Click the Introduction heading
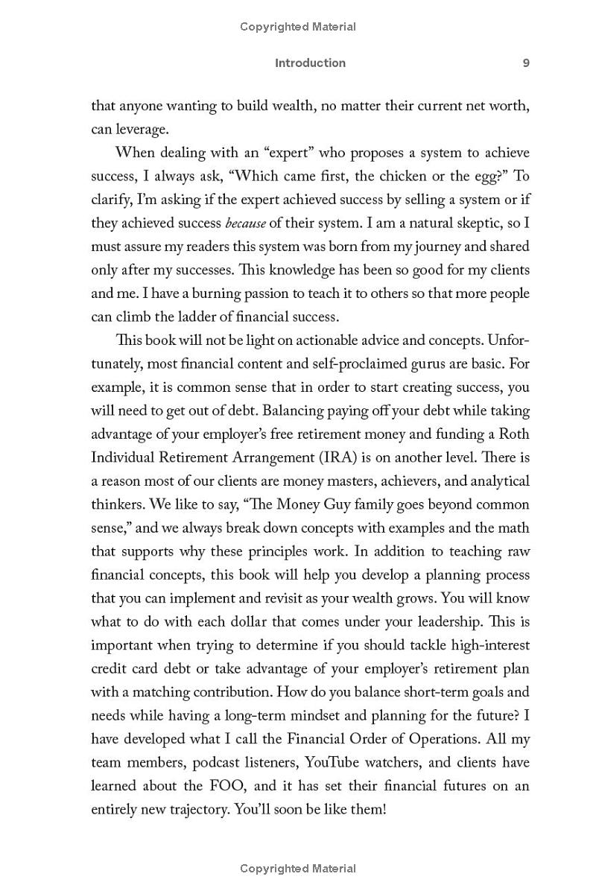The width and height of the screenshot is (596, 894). tap(310, 63)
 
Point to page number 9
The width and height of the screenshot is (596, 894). tap(526, 63)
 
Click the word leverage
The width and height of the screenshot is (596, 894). tap(141, 130)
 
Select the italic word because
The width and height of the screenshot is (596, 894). tap(245, 223)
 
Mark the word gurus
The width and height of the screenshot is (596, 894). tap(428, 364)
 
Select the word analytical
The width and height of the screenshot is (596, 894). tap(492, 481)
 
